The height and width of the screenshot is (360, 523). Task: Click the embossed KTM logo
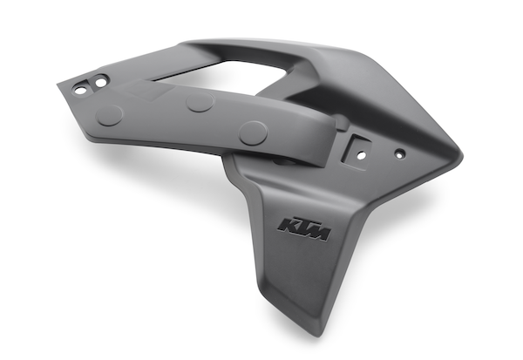click(304, 229)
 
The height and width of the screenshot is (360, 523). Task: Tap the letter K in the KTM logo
click(286, 225)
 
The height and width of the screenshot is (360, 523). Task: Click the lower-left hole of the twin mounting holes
click(80, 90)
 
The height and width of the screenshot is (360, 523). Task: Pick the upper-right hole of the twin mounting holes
click(100, 81)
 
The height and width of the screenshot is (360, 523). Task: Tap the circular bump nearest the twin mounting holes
click(109, 115)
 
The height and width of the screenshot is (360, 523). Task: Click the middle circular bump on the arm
click(200, 102)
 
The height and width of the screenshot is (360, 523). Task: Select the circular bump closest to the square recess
click(253, 132)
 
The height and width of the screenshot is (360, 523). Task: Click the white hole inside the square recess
click(361, 155)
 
